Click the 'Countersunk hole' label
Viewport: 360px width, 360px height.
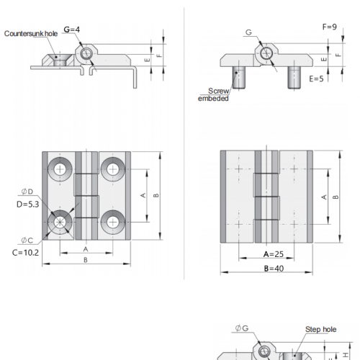pyautogui.click(x=31, y=34)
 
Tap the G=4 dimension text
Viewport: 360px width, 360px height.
pyautogui.click(x=71, y=30)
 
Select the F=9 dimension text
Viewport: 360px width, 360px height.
pyautogui.click(x=329, y=27)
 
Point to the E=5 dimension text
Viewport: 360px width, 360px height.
pyautogui.click(x=316, y=78)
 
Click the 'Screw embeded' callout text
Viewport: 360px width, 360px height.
pyautogui.click(x=213, y=94)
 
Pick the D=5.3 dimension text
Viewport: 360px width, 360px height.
pyautogui.click(x=27, y=204)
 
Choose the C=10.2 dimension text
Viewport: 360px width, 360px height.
pyautogui.click(x=25, y=253)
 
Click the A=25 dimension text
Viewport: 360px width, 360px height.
pyautogui.click(x=274, y=254)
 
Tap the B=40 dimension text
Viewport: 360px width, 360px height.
pyautogui.click(x=274, y=269)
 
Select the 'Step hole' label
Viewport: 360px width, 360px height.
pyautogui.click(x=320, y=329)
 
